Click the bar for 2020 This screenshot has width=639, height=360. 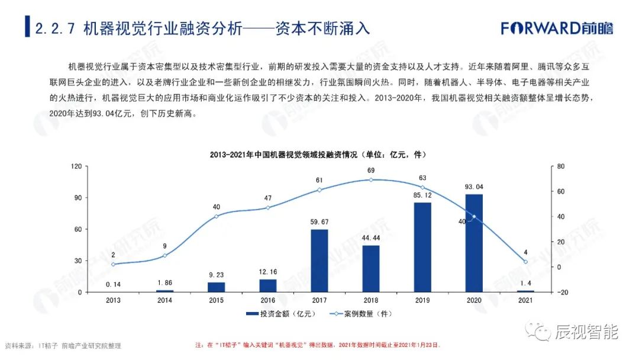pyautogui.click(x=473, y=243)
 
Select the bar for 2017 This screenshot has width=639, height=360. pyautogui.click(x=319, y=261)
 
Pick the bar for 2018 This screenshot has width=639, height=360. pyautogui.click(x=370, y=268)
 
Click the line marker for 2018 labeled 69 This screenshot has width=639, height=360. pyautogui.click(x=370, y=179)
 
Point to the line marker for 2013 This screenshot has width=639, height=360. pyautogui.click(x=113, y=264)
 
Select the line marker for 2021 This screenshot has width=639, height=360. pyautogui.click(x=525, y=262)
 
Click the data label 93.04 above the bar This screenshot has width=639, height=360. pyautogui.click(x=473, y=187)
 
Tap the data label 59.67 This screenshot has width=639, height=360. pyautogui.click(x=319, y=222)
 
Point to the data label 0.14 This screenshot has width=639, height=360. pyautogui.click(x=113, y=285)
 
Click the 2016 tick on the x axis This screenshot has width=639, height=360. pyautogui.click(x=267, y=300)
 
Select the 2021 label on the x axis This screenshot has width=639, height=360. pyautogui.click(x=525, y=300)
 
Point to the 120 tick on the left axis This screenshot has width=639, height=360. pyautogui.click(x=76, y=166)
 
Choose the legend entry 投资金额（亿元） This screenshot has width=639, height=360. pyautogui.click(x=277, y=313)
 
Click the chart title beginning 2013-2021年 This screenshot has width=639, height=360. pyautogui.click(x=318, y=155)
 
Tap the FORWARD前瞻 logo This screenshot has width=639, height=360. pyautogui.click(x=557, y=28)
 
